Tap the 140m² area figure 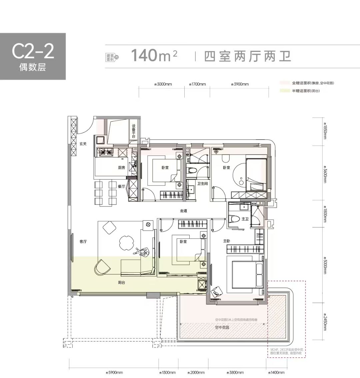(154, 55)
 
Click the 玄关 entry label (83, 144)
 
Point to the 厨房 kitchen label (121, 168)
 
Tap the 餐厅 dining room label (121, 187)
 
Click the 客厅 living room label (83, 242)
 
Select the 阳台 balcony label (122, 282)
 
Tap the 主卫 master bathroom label (245, 219)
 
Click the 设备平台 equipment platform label (133, 131)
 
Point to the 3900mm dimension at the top (240, 84)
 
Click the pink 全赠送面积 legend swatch (285, 83)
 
